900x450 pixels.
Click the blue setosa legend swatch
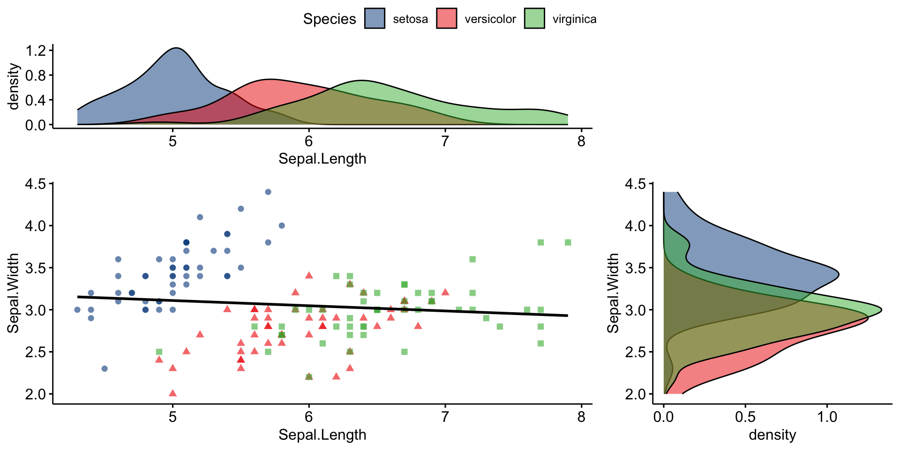pyautogui.click(x=375, y=19)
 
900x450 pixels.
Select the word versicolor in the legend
pyautogui.click(x=490, y=19)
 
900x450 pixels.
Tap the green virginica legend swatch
pyautogui.click(x=534, y=19)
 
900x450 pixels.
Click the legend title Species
pyautogui.click(x=329, y=19)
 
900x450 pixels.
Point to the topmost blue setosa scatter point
pyautogui.click(x=268, y=192)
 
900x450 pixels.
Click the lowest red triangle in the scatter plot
pyautogui.click(x=172, y=393)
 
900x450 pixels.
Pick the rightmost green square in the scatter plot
pyautogui.click(x=568, y=242)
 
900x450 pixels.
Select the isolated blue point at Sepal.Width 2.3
pyautogui.click(x=105, y=368)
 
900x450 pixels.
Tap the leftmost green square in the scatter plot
pyautogui.click(x=159, y=352)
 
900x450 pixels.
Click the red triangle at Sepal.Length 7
pyautogui.click(x=445, y=292)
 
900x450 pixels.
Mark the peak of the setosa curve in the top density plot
pyautogui.click(x=177, y=48)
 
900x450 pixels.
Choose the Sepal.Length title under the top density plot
pyautogui.click(x=322, y=159)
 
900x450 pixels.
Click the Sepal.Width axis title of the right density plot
pyautogui.click(x=613, y=293)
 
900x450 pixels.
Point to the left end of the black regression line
pyautogui.click(x=78, y=297)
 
